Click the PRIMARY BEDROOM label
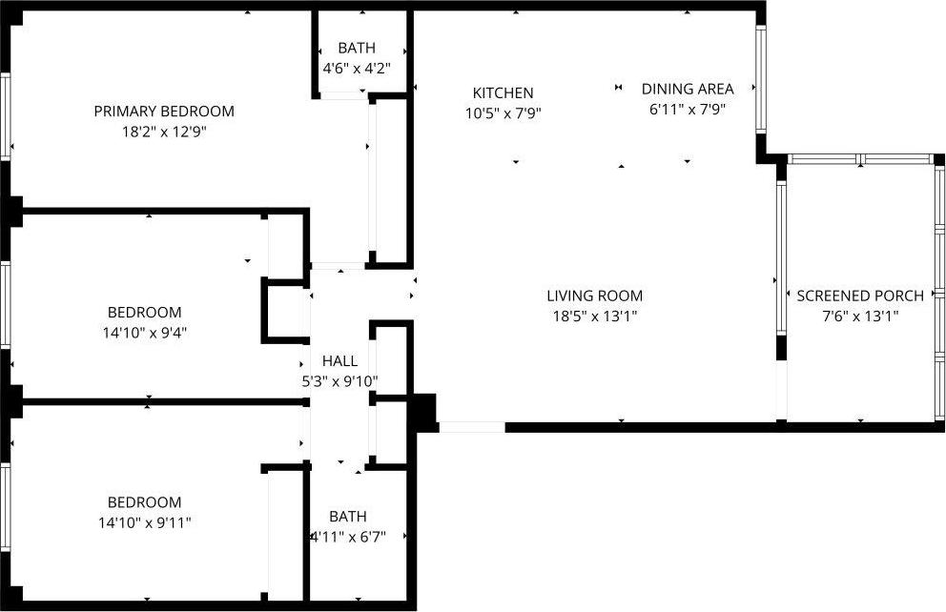[163, 112]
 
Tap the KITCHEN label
[503, 92]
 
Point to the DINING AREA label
[687, 89]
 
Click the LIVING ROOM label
[594, 296]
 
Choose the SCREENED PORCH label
[860, 296]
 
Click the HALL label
[339, 361]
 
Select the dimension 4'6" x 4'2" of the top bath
[357, 69]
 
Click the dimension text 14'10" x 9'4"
[144, 333]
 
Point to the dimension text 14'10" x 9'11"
[144, 522]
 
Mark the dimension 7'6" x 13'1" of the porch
[860, 316]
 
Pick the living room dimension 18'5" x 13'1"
[594, 316]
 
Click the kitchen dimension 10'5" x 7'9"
[503, 112]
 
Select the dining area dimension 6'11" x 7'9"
[687, 109]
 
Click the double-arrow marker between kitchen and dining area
[618, 88]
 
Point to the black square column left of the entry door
[422, 411]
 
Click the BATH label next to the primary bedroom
[357, 48]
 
